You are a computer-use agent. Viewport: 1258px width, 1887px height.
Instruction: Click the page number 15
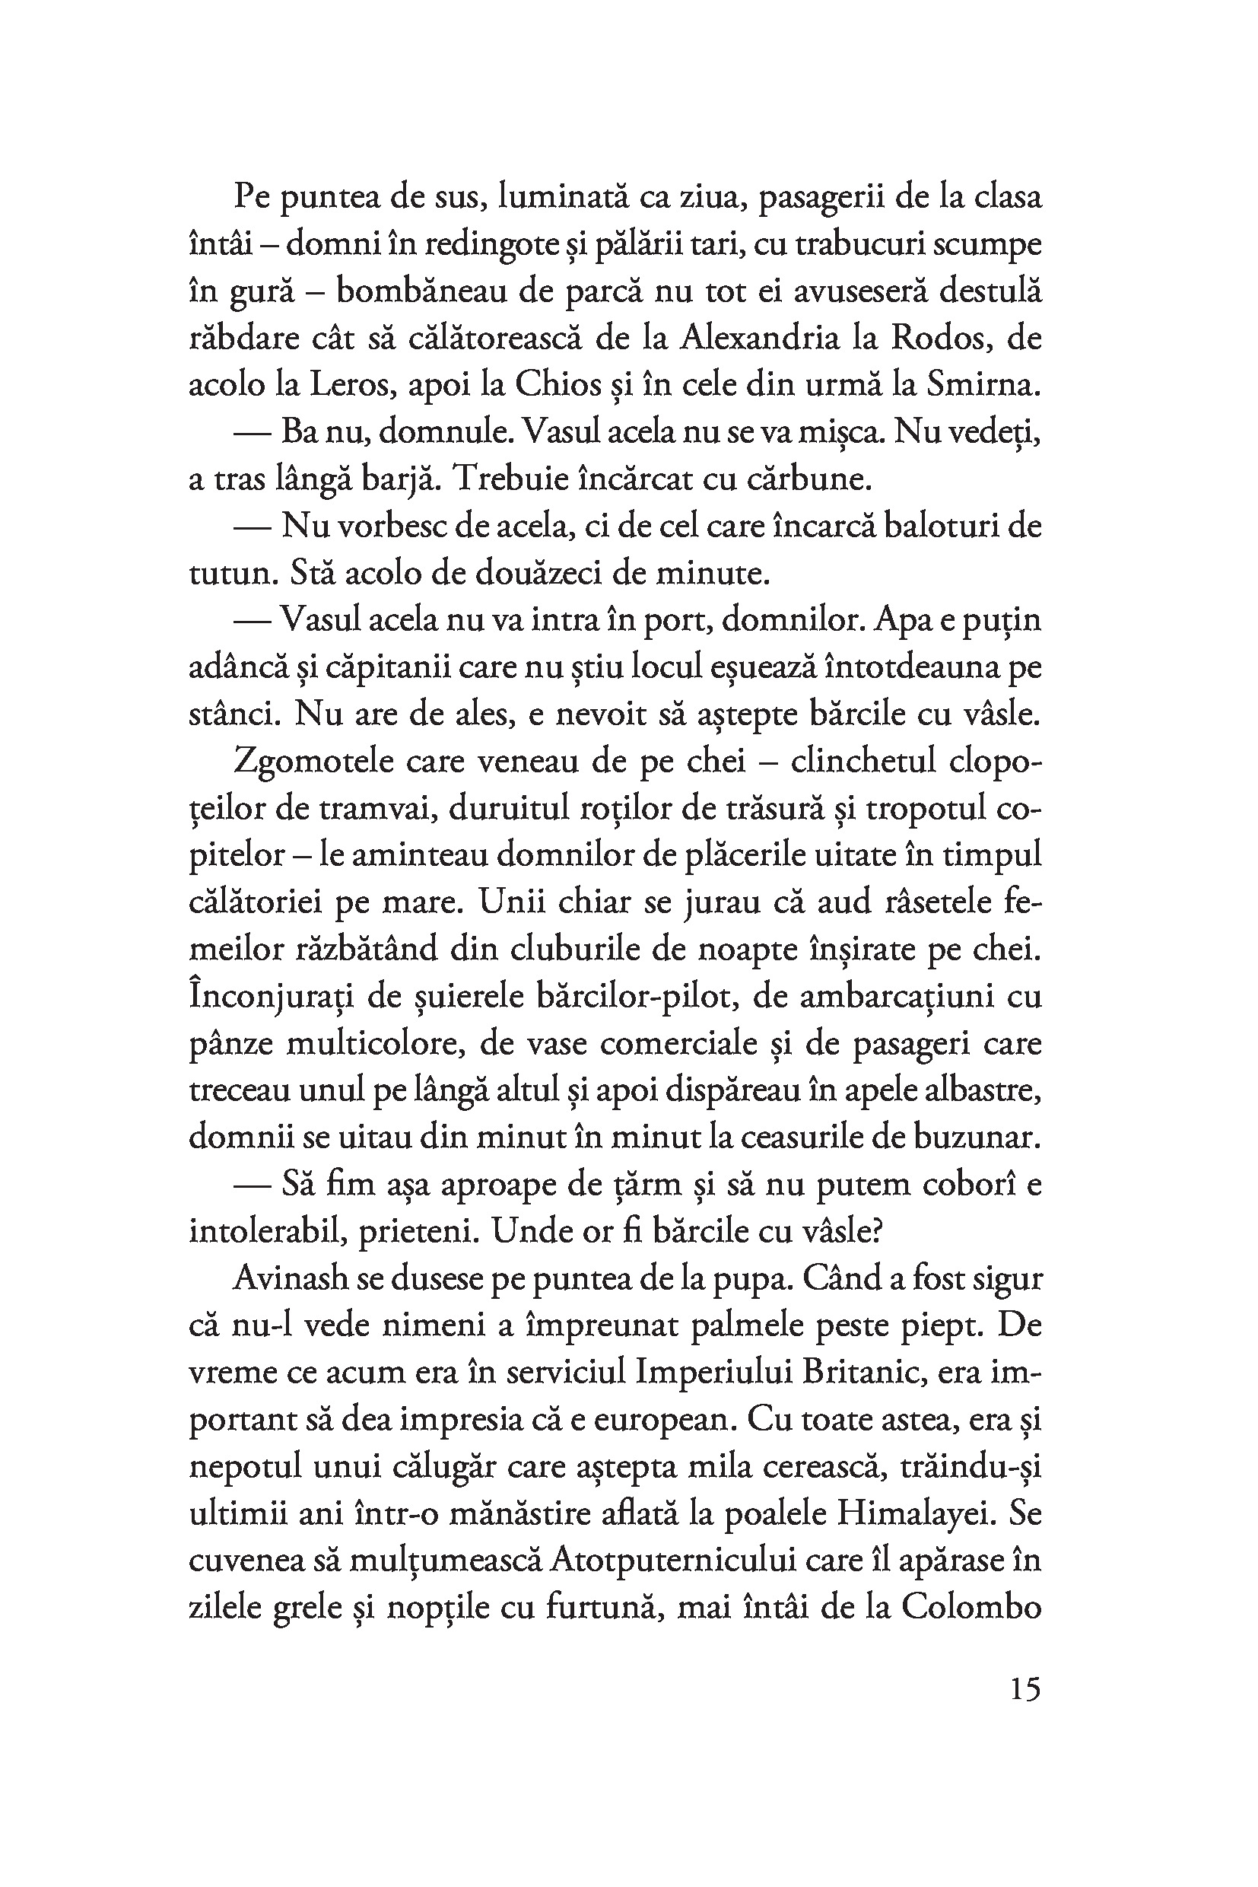pyautogui.click(x=1025, y=1688)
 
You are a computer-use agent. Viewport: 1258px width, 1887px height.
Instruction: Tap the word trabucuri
pyautogui.click(x=859, y=244)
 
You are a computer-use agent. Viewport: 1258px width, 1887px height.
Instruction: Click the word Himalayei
pyautogui.click(x=916, y=1513)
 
